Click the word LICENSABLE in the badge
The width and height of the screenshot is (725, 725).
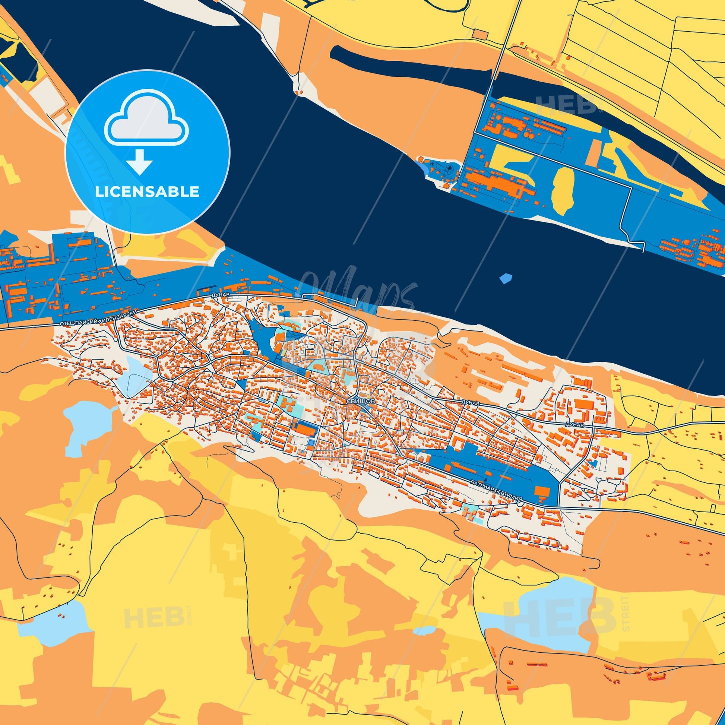[147, 192]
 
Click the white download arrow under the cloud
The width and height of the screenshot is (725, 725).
[139, 161]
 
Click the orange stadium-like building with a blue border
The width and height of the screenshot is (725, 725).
[306, 429]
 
